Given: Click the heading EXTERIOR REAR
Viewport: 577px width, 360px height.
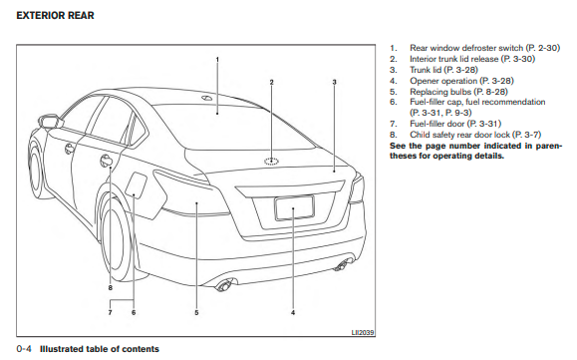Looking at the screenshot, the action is click(55, 16).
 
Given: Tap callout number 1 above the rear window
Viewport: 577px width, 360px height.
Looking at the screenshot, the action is click(217, 59).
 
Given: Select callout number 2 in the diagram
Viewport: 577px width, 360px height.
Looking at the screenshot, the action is click(272, 82).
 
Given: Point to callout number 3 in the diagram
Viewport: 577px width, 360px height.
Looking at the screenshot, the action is click(334, 82).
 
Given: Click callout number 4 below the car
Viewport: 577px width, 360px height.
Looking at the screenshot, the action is click(293, 312).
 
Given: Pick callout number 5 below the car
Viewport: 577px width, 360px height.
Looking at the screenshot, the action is click(196, 312).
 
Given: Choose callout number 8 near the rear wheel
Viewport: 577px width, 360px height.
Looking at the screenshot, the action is click(110, 288).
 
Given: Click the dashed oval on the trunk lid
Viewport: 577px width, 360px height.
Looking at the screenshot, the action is click(272, 161).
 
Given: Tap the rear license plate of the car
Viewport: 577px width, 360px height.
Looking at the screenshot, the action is click(294, 208).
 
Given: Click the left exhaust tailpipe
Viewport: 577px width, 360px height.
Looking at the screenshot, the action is click(223, 285).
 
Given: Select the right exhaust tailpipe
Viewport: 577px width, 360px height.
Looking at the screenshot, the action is click(342, 265).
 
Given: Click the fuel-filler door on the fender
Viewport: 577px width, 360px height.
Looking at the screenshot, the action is click(137, 184).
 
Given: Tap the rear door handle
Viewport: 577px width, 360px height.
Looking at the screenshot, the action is click(107, 161).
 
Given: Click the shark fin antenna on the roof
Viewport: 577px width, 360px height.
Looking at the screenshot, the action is click(206, 98).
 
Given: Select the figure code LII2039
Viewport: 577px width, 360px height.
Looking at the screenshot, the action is click(363, 333).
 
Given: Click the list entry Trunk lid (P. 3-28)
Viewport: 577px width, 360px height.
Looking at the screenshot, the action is click(443, 70).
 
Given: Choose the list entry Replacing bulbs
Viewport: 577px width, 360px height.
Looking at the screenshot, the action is click(440, 92).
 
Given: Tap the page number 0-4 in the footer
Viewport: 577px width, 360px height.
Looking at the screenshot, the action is click(24, 349).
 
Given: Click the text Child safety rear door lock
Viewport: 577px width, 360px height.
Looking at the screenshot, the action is click(460, 135).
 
